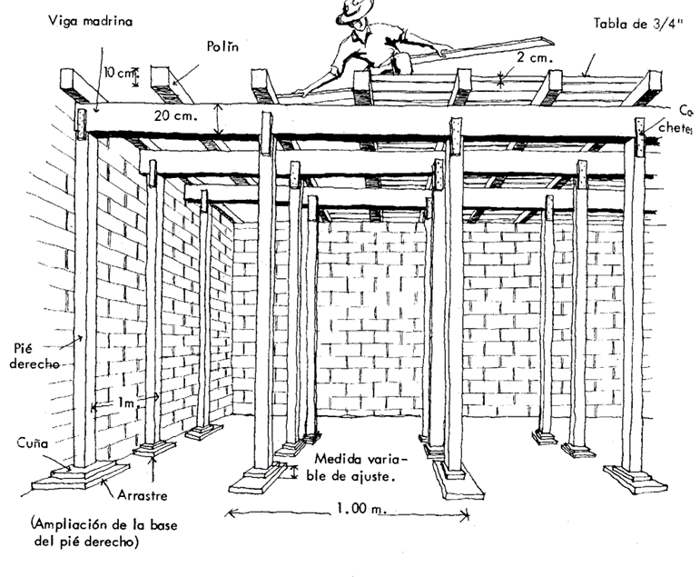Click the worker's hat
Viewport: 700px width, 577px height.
(356, 9)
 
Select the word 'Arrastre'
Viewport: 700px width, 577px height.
(140, 496)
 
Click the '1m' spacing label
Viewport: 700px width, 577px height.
(129, 399)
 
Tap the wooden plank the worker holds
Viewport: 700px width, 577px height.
(490, 50)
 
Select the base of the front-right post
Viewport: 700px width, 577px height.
(635, 478)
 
